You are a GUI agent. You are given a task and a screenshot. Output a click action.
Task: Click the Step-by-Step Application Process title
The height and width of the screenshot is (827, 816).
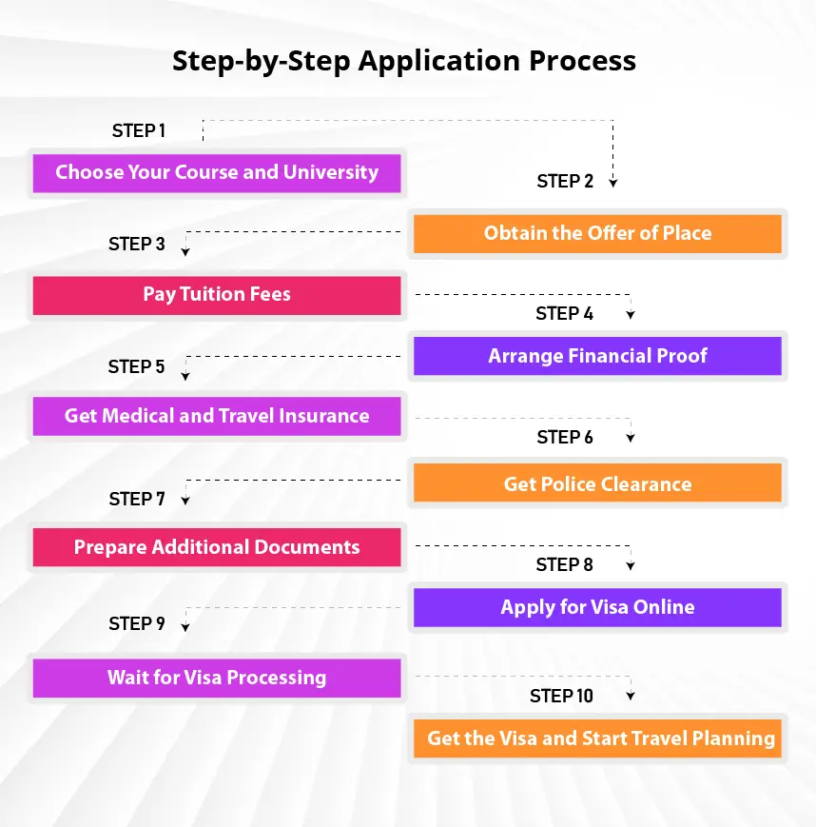tap(404, 61)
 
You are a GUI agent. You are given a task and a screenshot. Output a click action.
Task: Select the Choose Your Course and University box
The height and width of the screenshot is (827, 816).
tap(217, 173)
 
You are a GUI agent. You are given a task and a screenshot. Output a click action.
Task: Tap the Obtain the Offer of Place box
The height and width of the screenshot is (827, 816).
tap(597, 234)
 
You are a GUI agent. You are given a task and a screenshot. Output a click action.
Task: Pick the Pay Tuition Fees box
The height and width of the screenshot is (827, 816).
tap(217, 295)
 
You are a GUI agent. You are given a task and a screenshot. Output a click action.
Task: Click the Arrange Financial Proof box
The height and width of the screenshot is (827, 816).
tap(597, 356)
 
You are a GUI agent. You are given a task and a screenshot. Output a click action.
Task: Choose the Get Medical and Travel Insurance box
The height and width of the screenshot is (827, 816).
tap(217, 417)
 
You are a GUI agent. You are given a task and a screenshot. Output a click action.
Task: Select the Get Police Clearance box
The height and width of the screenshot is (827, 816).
tap(597, 482)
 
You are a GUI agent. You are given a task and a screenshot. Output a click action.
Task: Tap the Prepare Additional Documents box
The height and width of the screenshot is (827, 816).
tap(217, 547)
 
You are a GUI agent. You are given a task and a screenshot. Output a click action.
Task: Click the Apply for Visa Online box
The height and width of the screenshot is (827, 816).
tap(597, 607)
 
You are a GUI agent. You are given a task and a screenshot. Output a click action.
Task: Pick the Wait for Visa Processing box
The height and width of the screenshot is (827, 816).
tap(217, 679)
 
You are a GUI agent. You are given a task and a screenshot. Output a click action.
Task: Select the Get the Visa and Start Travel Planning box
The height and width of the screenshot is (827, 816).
tap(597, 738)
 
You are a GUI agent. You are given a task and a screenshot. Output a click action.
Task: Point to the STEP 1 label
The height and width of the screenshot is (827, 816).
tap(139, 130)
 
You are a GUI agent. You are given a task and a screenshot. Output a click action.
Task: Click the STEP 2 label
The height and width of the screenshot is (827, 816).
tap(565, 182)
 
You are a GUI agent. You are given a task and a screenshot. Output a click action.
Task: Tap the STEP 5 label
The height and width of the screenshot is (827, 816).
tap(137, 366)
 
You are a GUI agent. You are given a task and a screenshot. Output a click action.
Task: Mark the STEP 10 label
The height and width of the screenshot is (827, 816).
tap(561, 697)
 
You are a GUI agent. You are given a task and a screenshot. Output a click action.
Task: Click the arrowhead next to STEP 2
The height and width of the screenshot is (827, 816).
tap(613, 183)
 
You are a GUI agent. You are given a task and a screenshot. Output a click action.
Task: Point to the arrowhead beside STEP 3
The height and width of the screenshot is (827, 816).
tap(185, 252)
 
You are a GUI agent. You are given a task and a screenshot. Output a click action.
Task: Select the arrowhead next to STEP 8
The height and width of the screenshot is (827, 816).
tap(631, 566)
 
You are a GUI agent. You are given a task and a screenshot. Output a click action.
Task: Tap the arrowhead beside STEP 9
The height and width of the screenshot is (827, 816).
tap(185, 627)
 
